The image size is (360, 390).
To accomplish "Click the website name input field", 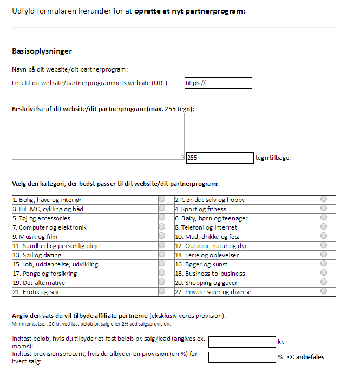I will click(x=218, y=69).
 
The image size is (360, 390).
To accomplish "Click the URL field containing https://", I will click(x=218, y=83).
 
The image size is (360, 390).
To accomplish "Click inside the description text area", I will click(x=98, y=136).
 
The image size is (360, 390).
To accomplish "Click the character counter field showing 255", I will click(x=219, y=158).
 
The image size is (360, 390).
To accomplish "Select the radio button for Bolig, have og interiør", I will click(x=162, y=199).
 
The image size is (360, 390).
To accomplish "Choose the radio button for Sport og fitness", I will click(x=324, y=209).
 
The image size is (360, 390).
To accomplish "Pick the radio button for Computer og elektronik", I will click(x=162, y=227).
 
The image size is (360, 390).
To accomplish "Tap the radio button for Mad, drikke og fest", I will click(x=324, y=236).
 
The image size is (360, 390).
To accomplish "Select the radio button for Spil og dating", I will click(x=162, y=255).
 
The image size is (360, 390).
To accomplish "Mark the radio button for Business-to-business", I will click(x=324, y=273).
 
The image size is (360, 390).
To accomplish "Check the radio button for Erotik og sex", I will click(x=162, y=291).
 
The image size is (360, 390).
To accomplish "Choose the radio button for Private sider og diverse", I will click(x=324, y=291).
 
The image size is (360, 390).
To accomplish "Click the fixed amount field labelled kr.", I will click(x=242, y=342).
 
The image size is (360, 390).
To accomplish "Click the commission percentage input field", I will click(x=242, y=357).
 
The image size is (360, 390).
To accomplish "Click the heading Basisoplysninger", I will click(x=42, y=51).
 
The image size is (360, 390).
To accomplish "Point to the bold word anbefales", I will click(x=310, y=357).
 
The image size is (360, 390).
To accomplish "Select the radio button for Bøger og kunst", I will click(x=324, y=264).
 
